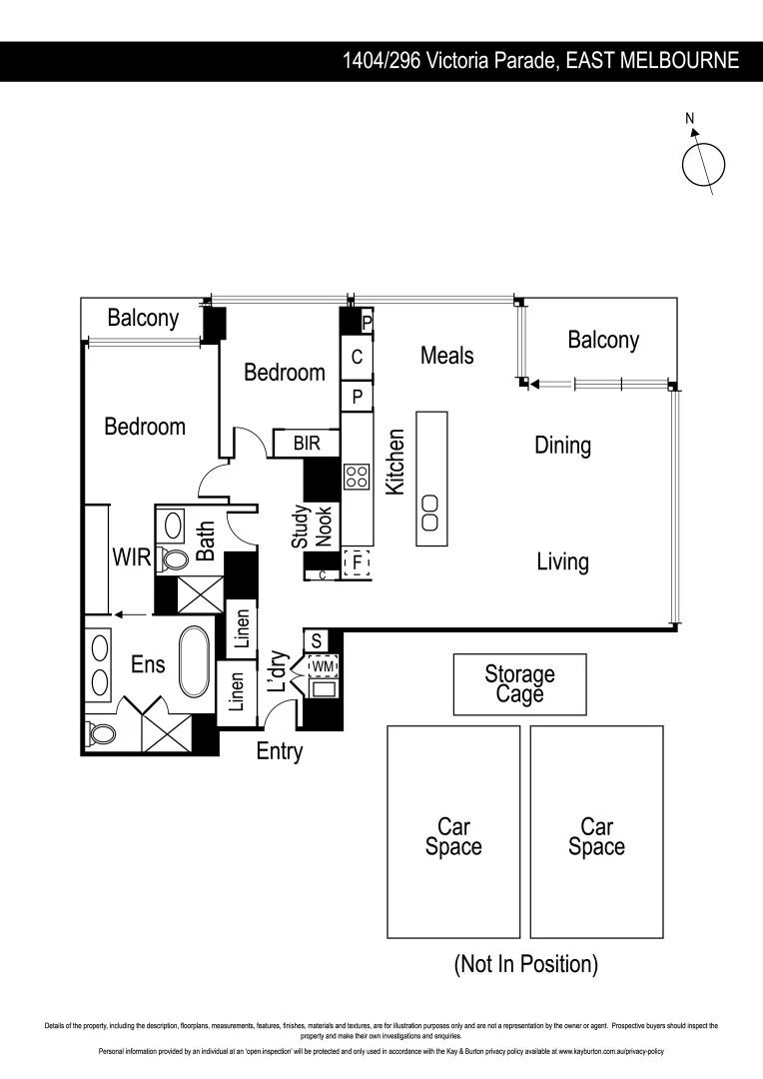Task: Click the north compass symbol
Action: click(x=703, y=163)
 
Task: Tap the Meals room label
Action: click(x=446, y=355)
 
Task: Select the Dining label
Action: click(x=562, y=446)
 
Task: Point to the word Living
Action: click(x=562, y=561)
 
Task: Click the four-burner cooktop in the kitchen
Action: click(x=357, y=476)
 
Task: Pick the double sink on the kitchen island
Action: click(x=430, y=512)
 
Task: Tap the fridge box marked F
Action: click(x=357, y=563)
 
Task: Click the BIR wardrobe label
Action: click(x=307, y=443)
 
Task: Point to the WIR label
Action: click(x=131, y=557)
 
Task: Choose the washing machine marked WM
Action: click(x=324, y=665)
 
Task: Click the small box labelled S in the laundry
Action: click(x=317, y=640)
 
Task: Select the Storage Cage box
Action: click(x=519, y=684)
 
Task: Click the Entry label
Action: click(x=279, y=752)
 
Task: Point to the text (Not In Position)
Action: click(x=525, y=964)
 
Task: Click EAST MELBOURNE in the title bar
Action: click(x=652, y=61)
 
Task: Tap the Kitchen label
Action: click(x=395, y=462)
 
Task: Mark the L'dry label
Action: click(x=279, y=670)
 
